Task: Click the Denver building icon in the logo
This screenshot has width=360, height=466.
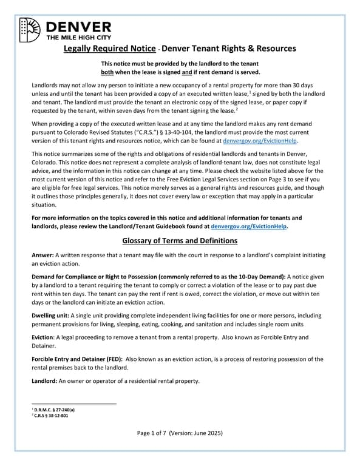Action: point(30,29)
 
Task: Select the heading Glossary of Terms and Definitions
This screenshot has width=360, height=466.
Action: point(180,241)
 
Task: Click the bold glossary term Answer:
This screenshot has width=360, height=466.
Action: point(44,256)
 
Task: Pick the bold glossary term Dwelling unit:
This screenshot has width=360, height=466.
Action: point(50,316)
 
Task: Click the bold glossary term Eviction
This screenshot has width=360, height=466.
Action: point(44,337)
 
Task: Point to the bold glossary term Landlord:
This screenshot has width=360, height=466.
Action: point(47,380)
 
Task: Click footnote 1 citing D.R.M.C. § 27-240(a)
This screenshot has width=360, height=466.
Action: point(58,410)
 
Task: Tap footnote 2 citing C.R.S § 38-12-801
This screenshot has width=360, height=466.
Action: point(54,416)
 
